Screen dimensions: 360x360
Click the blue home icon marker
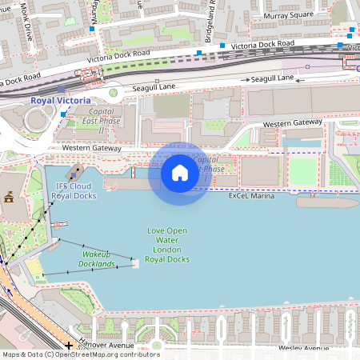(180, 173)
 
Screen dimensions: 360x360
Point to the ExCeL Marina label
(252, 195)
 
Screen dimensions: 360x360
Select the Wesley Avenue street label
(304, 349)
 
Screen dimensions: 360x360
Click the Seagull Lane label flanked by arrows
(272, 78)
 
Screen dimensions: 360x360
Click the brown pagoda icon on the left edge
(10, 198)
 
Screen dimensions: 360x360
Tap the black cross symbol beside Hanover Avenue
(70, 345)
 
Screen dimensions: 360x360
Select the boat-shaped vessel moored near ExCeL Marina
(327, 202)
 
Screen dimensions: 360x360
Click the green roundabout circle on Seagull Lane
(113, 93)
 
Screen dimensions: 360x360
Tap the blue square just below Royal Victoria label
(62, 114)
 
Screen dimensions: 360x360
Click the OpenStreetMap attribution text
(80, 354)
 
